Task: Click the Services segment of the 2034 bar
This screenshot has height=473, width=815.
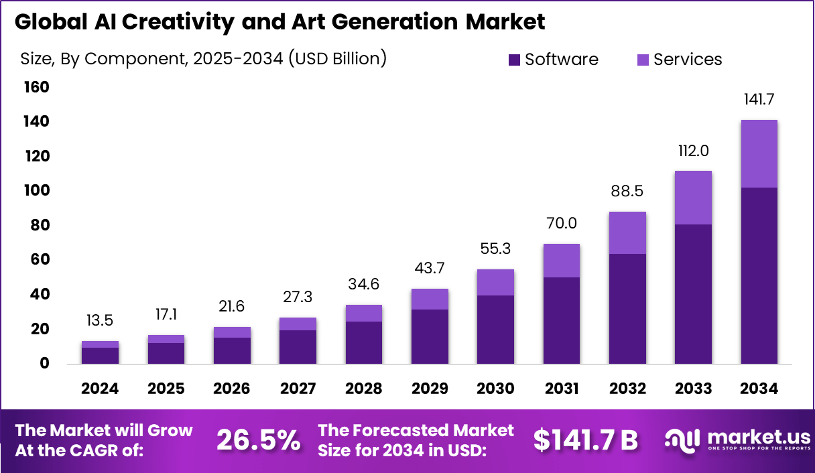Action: tap(759, 154)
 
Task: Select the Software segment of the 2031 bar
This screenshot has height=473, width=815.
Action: tap(561, 320)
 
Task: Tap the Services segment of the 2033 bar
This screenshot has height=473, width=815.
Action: tap(693, 198)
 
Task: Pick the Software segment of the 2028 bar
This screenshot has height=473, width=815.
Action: tap(364, 342)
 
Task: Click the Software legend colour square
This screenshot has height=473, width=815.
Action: tap(515, 60)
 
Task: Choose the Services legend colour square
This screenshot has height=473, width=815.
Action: tap(643, 60)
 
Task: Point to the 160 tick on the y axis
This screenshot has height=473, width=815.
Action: tap(37, 87)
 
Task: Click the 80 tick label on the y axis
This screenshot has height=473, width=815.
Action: tap(40, 225)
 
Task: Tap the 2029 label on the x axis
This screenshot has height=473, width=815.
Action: tap(430, 389)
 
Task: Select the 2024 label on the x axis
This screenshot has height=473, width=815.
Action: tap(101, 389)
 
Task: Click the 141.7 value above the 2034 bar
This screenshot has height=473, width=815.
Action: tap(759, 100)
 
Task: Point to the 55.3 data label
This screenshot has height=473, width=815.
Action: tap(495, 248)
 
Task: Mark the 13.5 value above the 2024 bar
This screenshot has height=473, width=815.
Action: tap(101, 320)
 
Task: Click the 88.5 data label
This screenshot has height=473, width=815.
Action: tap(627, 191)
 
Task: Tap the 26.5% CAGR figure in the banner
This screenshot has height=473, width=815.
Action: tap(258, 440)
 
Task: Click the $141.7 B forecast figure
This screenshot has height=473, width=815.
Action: tap(586, 440)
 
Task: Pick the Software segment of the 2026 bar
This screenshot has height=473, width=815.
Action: tap(232, 350)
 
